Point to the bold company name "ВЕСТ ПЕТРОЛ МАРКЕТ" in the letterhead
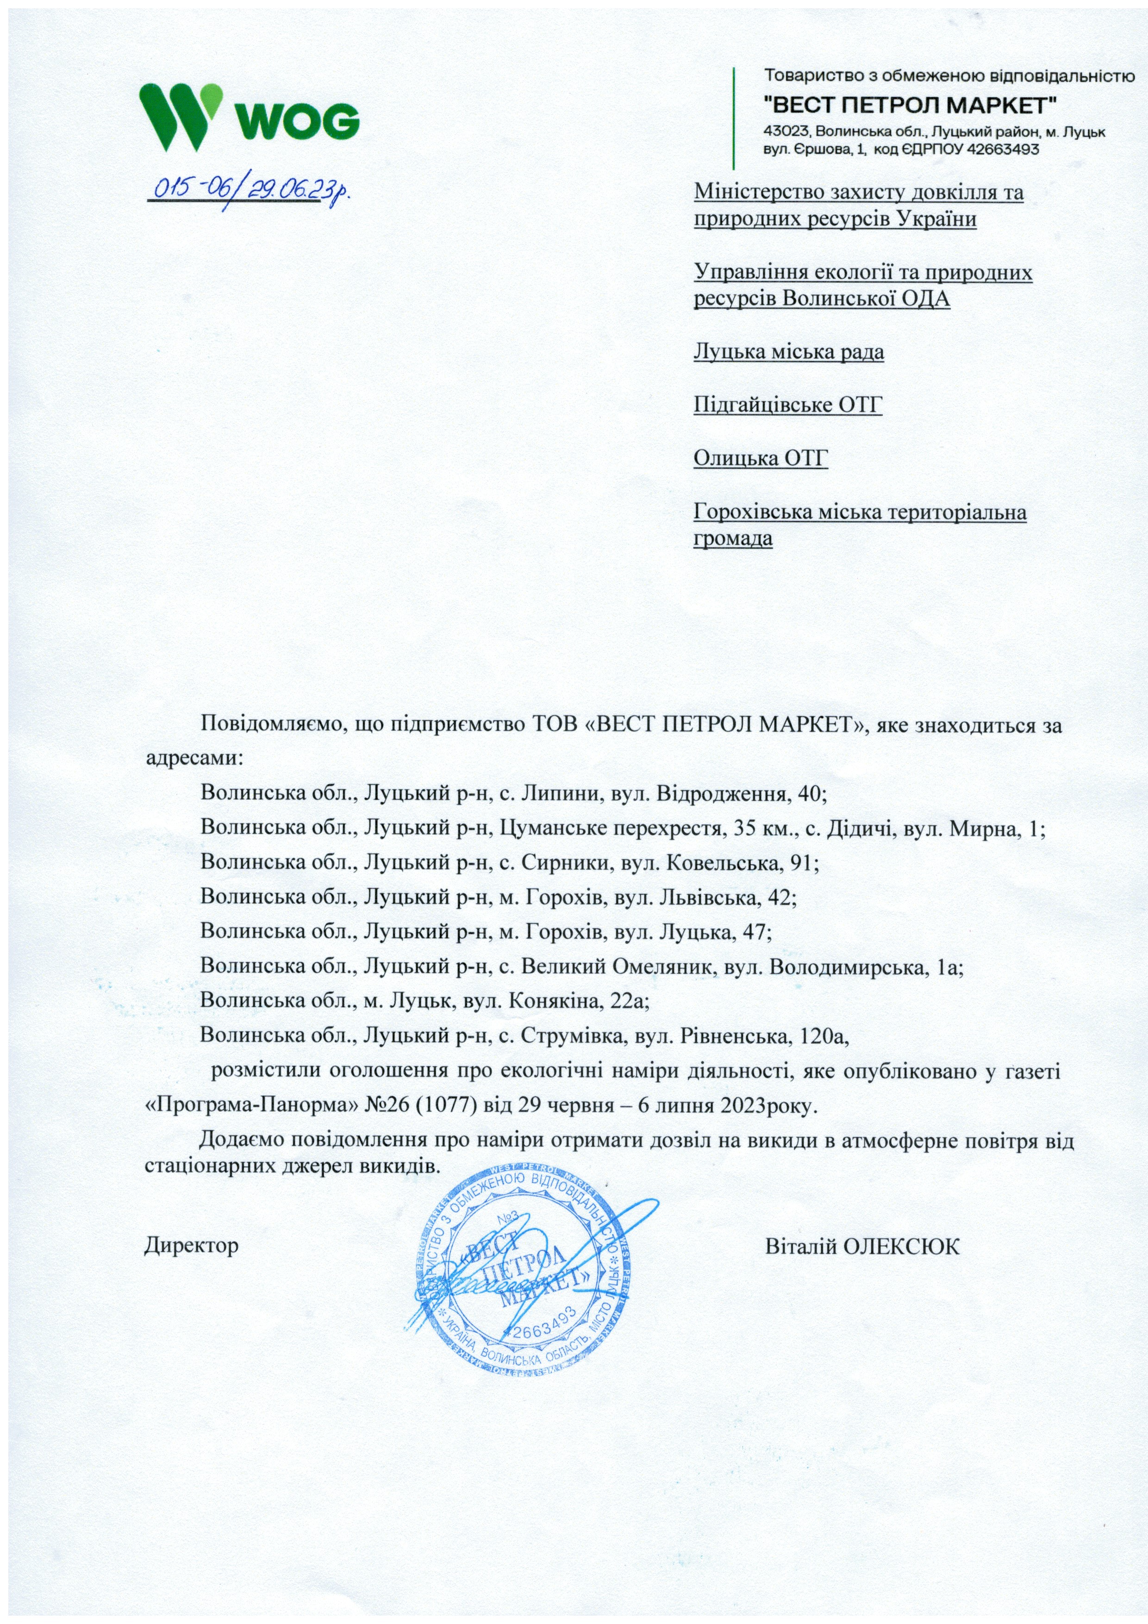pyautogui.click(x=912, y=106)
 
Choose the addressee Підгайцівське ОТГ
pyautogui.click(x=788, y=405)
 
